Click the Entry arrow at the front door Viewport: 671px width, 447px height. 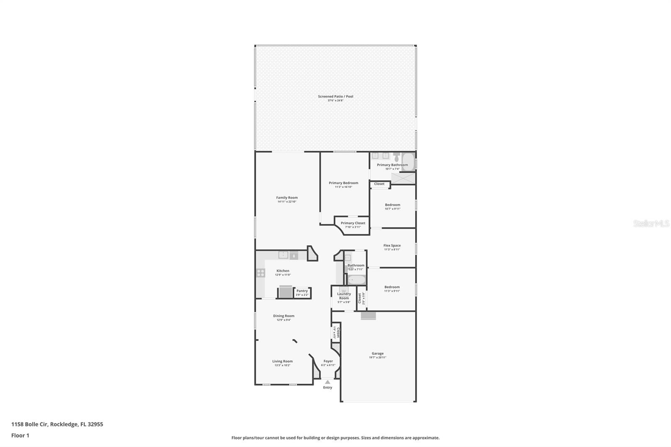[x=328, y=382]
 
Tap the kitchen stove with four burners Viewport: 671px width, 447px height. [x=260, y=273]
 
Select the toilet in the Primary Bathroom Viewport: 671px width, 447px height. [x=396, y=158]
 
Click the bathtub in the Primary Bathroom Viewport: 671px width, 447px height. [x=408, y=161]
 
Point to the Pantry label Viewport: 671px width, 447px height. [x=302, y=291]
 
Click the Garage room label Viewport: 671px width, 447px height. [x=377, y=353]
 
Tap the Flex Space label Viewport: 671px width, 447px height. [x=392, y=246]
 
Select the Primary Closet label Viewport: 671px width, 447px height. [x=353, y=223]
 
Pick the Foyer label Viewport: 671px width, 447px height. [x=328, y=361]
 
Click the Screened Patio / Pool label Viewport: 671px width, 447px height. [x=335, y=96]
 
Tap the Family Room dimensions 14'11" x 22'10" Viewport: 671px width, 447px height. [x=287, y=202]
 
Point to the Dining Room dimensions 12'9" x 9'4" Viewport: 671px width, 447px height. [x=283, y=320]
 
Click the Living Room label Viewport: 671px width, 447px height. [x=282, y=361]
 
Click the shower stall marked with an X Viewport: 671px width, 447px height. [x=403, y=178]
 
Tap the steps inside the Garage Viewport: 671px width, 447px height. [x=368, y=316]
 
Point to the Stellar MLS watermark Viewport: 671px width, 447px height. [x=651, y=223]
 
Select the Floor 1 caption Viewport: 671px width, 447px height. [x=20, y=436]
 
